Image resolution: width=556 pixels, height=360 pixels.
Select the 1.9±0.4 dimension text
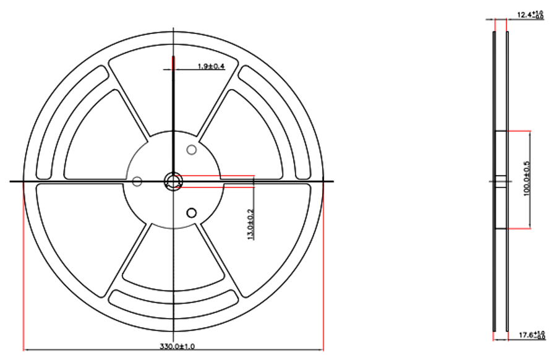[210, 66]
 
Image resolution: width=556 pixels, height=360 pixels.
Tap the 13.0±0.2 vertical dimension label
[250, 224]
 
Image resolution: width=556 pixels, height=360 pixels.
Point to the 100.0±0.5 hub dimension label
[527, 179]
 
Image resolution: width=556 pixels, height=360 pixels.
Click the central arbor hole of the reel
[173, 181]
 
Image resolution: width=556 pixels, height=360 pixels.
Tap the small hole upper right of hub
[192, 149]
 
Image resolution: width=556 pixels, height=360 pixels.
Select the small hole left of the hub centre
[137, 181]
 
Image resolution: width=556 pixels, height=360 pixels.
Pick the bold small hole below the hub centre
[191, 213]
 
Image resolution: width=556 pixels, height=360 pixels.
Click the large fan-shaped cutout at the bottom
[173, 260]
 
